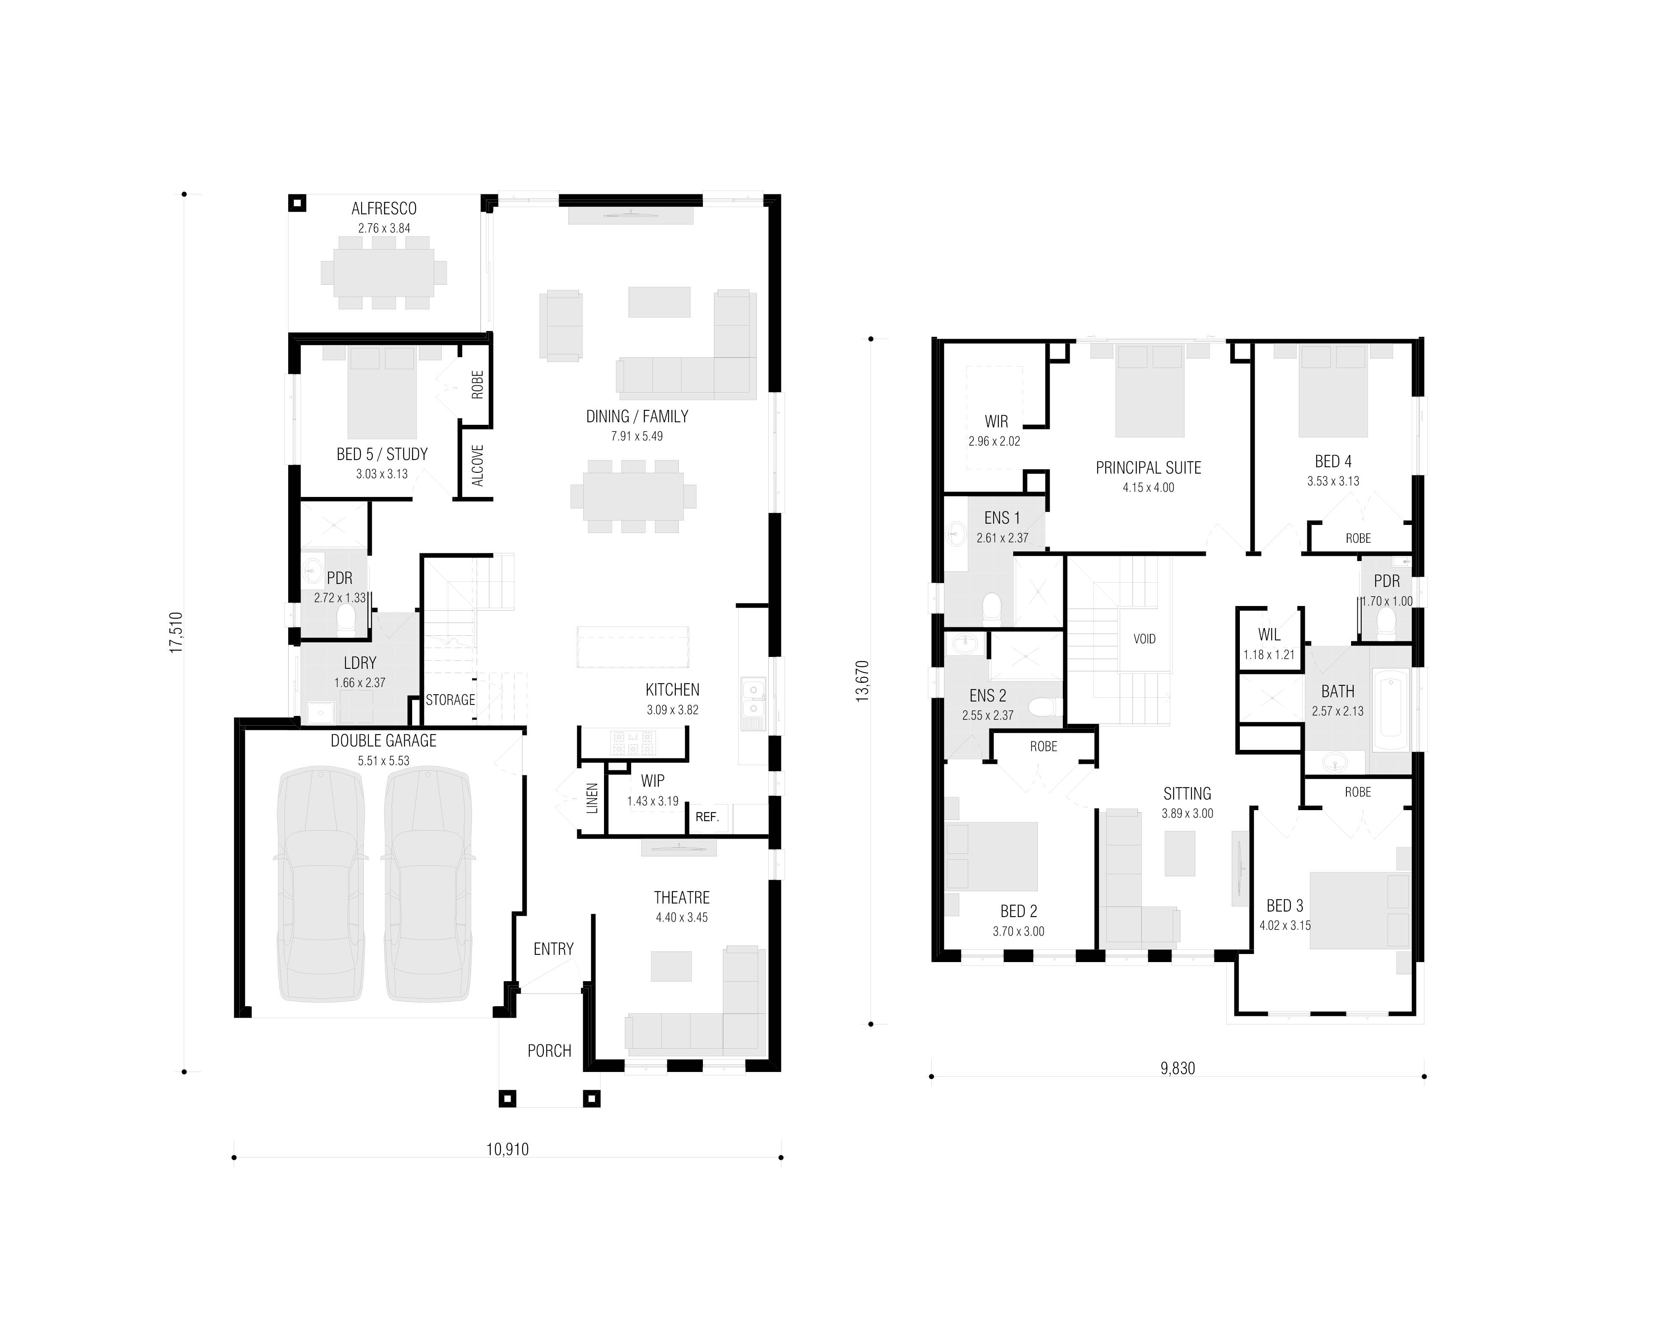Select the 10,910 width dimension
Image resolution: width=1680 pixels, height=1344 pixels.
507,1149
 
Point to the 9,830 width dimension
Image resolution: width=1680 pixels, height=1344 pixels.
1177,1068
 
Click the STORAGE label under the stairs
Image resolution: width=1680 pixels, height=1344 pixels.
450,700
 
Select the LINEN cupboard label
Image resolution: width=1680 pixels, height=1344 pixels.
592,799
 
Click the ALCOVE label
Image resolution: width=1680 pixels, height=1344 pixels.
478,466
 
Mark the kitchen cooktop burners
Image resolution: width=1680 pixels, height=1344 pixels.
633,743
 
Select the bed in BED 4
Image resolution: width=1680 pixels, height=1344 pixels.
1333,391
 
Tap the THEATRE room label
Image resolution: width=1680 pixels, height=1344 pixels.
682,898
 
